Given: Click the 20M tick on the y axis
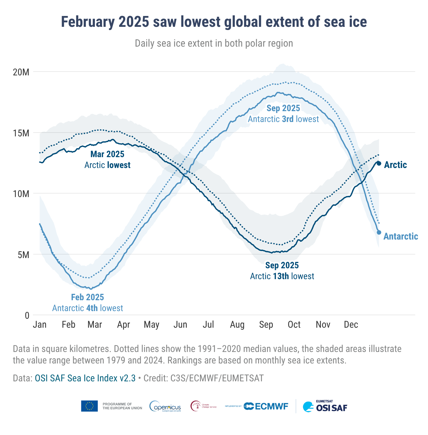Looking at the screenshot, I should point(21,72).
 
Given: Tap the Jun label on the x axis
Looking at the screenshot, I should point(180,325).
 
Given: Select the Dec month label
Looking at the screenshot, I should point(351,325).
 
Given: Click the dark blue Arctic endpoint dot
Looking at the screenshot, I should point(379,164).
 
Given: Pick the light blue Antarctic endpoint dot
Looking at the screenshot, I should point(379,233).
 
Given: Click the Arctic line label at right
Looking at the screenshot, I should point(395,165).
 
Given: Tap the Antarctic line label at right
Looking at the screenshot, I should point(401,236).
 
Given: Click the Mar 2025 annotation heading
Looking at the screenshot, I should point(107,154).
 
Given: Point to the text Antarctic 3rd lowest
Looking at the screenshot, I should point(283,119).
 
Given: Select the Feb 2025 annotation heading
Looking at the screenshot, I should point(88,297).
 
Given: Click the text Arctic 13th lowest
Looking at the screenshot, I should point(282,276).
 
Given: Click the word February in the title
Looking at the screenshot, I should point(87,22).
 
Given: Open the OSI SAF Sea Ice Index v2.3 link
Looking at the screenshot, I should point(85,378).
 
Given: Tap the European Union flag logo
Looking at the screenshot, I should point(89,406).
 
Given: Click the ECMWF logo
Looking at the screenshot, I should point(266,406).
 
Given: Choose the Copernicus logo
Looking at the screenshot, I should point(165,406).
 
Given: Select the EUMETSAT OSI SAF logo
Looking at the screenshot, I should point(325,406).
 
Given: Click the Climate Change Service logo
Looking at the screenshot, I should point(203,406).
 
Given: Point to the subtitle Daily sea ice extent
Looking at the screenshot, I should point(214,43).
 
